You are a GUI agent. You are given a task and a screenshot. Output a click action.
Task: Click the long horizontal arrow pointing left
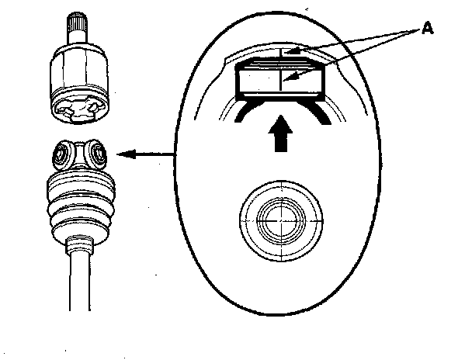pos(147,155)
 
